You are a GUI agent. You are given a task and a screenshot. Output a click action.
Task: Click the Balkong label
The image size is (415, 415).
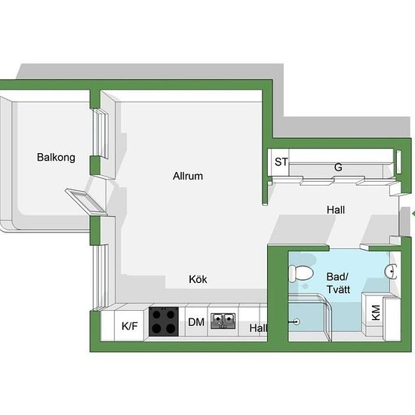pyautogui.click(x=56, y=158)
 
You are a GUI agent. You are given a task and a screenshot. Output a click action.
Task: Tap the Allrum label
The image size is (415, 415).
pyautogui.click(x=188, y=176)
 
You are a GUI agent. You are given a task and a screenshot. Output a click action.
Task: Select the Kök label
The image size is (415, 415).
pyautogui.click(x=198, y=279)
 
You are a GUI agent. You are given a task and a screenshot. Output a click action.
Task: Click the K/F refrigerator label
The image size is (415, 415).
pyautogui.click(x=130, y=326)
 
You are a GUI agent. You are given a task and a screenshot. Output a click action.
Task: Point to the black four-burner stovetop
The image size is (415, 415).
pyautogui.click(x=164, y=321)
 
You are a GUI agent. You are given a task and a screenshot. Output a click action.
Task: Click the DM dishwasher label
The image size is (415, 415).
pyautogui.click(x=196, y=322)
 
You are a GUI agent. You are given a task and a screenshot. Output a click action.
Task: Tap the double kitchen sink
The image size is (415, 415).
pyautogui.click(x=223, y=321)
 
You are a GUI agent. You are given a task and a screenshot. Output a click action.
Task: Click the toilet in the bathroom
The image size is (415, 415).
pyautogui.click(x=301, y=273)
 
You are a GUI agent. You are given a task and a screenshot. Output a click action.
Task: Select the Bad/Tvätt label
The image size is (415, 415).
pyautogui.click(x=338, y=283)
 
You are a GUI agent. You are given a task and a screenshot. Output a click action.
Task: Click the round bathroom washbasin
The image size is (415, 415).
pyautogui.click(x=391, y=272)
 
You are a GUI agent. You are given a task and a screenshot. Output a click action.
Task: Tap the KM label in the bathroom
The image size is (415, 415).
pyautogui.click(x=376, y=312)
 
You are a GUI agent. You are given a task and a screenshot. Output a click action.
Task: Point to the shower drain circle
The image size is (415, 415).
pyautogui.click(x=297, y=322)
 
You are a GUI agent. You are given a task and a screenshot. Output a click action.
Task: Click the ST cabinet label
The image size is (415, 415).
pyautogui.click(x=281, y=162)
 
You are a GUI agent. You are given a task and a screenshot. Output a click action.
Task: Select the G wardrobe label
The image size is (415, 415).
pyautogui.click(x=338, y=168)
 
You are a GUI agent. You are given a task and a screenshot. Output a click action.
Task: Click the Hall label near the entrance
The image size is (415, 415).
pyautogui.click(x=336, y=210)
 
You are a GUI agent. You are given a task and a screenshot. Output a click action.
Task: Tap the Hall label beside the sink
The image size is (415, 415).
pyautogui.click(x=258, y=328)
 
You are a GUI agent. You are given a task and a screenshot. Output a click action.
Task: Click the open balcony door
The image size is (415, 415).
pyautogui.click(x=86, y=201)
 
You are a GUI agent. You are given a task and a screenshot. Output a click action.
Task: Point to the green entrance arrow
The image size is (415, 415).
pyautogui.click(x=413, y=214)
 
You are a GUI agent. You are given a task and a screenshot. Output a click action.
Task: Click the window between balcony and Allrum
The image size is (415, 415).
pyautogui.click(x=100, y=134)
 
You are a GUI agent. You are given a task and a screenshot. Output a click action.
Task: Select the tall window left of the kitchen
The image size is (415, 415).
pyautogui.click(x=100, y=278)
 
